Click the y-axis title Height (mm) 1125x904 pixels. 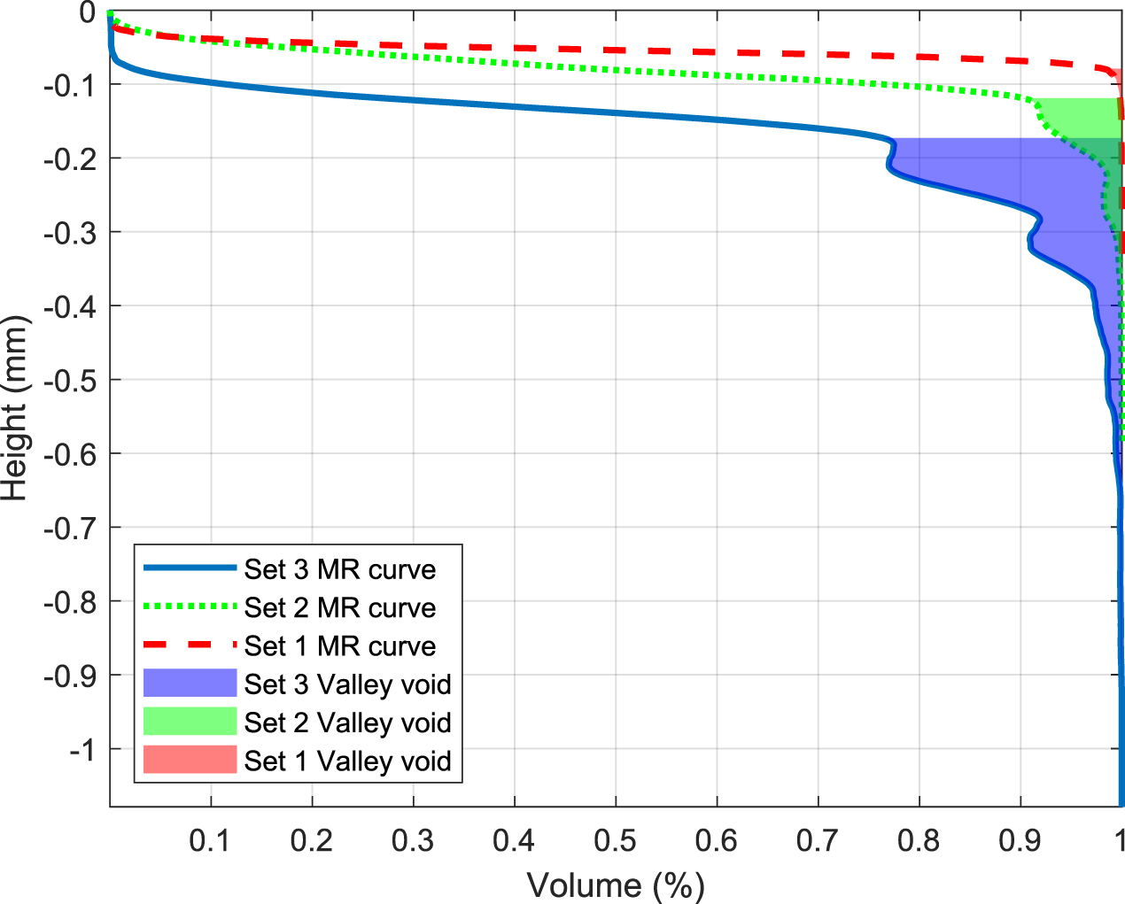point(15,408)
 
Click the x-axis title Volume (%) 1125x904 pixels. point(616,885)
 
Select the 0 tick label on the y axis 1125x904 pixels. point(87,12)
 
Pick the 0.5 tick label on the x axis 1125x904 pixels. point(616,840)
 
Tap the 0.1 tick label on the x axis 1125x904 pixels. point(211,840)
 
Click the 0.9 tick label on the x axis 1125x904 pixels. point(1020,840)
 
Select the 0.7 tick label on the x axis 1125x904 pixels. point(818,840)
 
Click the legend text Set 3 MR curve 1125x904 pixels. point(340,569)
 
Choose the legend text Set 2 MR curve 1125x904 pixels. point(340,607)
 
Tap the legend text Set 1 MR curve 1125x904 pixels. point(340,646)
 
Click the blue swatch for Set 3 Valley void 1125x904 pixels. point(190,684)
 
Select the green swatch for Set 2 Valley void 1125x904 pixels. point(190,722)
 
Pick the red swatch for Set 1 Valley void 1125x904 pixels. point(190,760)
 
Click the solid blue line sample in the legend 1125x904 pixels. point(190,568)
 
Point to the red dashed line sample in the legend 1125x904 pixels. point(190,645)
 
